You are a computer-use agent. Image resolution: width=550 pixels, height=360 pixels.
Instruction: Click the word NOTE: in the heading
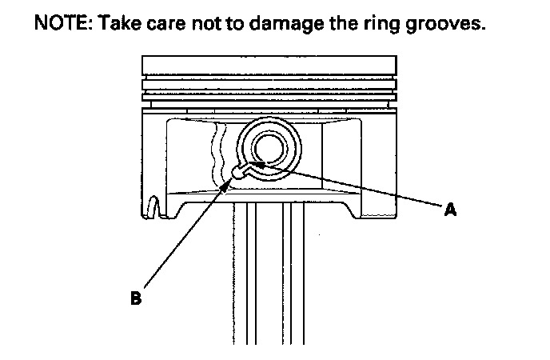[x=61, y=25]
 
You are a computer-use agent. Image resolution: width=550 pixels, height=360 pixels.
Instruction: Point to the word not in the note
[x=206, y=25]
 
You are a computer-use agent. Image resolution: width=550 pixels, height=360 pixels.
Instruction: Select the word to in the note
[x=236, y=25]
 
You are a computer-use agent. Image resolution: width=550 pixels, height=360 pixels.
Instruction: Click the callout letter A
[x=450, y=210]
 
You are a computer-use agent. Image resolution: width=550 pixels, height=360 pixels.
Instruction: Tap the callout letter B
[x=137, y=299]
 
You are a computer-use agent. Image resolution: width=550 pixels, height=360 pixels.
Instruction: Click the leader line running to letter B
[x=188, y=236]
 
